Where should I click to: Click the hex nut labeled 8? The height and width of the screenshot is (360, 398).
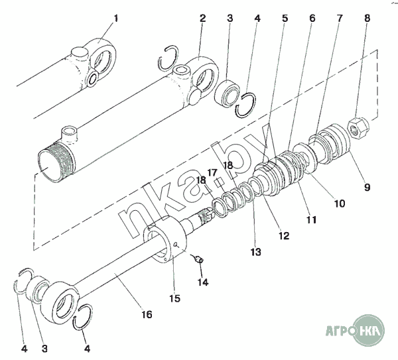(x=358, y=129)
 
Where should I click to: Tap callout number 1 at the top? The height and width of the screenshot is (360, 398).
(x=115, y=19)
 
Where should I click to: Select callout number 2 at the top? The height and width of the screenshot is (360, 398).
(x=202, y=19)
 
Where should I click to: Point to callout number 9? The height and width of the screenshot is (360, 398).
(x=367, y=188)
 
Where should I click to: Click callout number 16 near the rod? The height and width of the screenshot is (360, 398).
(x=147, y=315)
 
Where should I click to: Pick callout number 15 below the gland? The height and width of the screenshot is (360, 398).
(x=175, y=298)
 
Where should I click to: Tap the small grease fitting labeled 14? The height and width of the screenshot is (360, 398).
(x=198, y=259)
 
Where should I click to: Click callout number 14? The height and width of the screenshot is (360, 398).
(x=203, y=282)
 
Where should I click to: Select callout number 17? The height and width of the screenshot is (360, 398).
(x=212, y=173)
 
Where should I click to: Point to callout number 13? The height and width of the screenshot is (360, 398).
(x=255, y=252)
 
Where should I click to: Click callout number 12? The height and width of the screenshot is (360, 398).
(x=284, y=236)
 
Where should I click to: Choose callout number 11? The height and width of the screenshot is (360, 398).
(x=311, y=219)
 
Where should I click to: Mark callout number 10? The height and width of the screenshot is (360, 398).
(x=340, y=204)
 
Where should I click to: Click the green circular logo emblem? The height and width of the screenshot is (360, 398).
(x=369, y=330)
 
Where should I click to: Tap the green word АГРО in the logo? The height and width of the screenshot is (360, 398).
(x=340, y=331)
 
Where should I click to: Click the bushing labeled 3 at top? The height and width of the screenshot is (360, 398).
(x=227, y=93)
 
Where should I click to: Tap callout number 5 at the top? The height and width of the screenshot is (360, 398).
(x=285, y=19)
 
